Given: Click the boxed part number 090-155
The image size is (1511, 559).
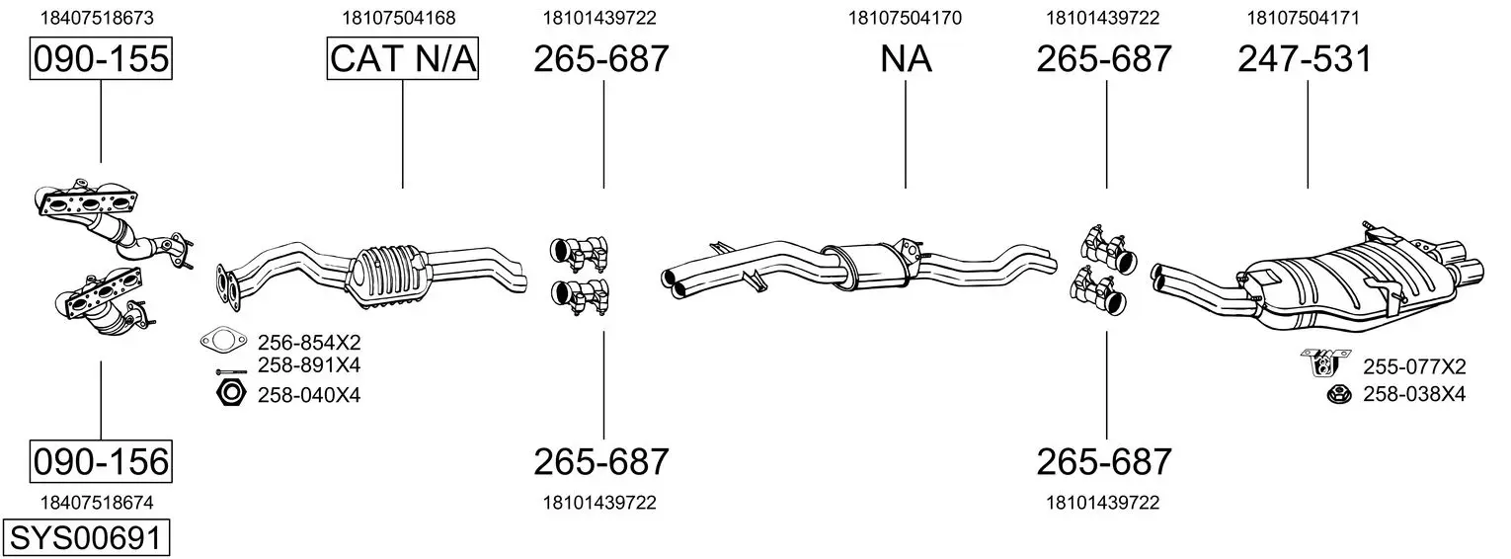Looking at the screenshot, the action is point(101,58).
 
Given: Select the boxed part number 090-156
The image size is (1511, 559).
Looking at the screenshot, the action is point(101,462).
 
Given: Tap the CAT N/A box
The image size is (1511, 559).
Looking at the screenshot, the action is point(403,58).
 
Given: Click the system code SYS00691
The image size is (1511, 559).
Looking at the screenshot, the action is point(86,538).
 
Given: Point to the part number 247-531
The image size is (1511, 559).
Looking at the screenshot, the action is point(1305,59).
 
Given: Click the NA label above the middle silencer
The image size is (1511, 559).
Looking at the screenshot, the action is point(906,59).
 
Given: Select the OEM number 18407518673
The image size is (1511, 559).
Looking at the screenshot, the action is point(97,18).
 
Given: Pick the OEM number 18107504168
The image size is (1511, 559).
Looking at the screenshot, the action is point(399,18).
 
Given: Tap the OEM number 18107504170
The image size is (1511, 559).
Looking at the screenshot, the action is point(905,18).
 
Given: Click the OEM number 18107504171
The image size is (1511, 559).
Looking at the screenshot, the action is point(1303,18).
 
